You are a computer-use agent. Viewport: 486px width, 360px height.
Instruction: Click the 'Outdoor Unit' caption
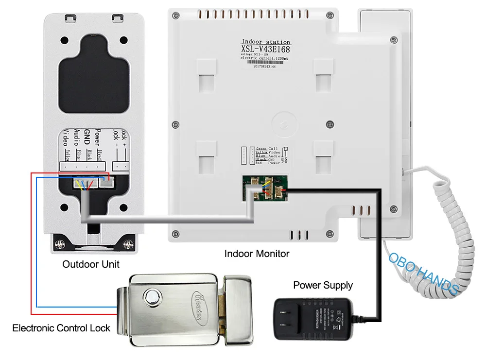coord(91,265)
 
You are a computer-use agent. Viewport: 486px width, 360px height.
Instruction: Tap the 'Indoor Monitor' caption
coord(257,254)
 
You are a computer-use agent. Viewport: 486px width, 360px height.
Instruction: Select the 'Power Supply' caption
coord(323,285)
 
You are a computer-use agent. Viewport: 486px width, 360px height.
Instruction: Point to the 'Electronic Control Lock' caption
coord(61,328)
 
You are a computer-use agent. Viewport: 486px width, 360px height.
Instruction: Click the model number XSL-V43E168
coord(266,49)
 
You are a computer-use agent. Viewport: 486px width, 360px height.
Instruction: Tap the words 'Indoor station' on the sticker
coord(266,42)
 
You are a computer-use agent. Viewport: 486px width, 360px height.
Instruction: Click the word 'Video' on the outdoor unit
coord(67,137)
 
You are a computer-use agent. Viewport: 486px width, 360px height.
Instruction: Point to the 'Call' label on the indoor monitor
coord(274,148)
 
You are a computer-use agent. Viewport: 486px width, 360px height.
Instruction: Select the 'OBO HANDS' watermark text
coord(423,273)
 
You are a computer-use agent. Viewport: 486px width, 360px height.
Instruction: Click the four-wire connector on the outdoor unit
coord(84,184)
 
